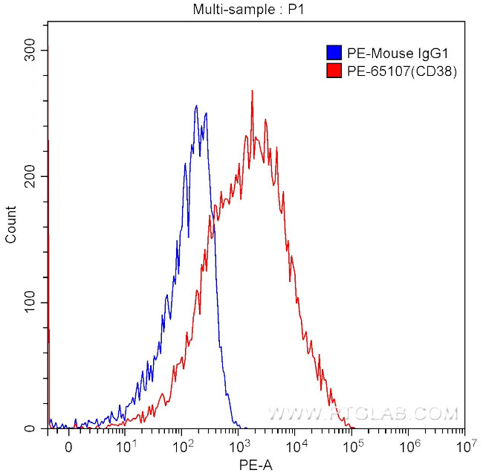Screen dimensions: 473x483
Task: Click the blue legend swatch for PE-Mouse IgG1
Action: pos(334,53)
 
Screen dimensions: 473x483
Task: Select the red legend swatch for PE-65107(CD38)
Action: pos(334,71)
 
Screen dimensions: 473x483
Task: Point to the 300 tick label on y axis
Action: pos(27,50)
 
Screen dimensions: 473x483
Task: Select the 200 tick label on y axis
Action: pos(27,176)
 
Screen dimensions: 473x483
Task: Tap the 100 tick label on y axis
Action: pos(27,303)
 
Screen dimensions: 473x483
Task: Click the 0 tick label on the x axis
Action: pos(68,448)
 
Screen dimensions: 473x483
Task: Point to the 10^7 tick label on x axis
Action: pos(464,447)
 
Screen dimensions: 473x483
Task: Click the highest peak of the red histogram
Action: pos(253,91)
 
